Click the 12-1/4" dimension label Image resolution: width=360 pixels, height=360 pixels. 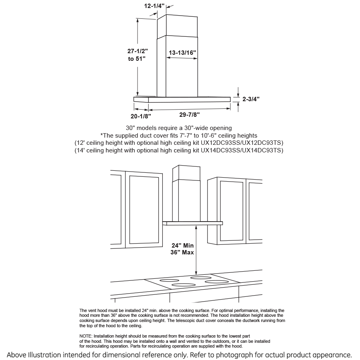tap(154, 6)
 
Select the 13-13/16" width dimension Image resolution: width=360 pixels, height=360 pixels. tap(182, 52)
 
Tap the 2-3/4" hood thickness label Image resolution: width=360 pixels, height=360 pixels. tap(251, 98)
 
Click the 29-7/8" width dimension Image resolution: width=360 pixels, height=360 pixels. tap(189, 115)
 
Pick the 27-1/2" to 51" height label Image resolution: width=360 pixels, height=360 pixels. tap(137, 55)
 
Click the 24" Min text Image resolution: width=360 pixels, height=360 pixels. tap(183, 246)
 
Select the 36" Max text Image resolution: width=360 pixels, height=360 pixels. tap(183, 252)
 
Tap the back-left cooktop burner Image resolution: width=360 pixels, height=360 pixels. tap(170, 280)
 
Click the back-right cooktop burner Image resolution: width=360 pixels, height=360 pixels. tap(201, 277)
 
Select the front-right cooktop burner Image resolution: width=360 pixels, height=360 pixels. tap(216, 282)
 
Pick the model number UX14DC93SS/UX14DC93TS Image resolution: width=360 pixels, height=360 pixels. tap(242, 150)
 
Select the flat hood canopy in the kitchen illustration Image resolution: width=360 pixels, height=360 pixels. tap(193, 223)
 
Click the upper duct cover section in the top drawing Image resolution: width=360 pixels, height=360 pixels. tap(177, 26)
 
